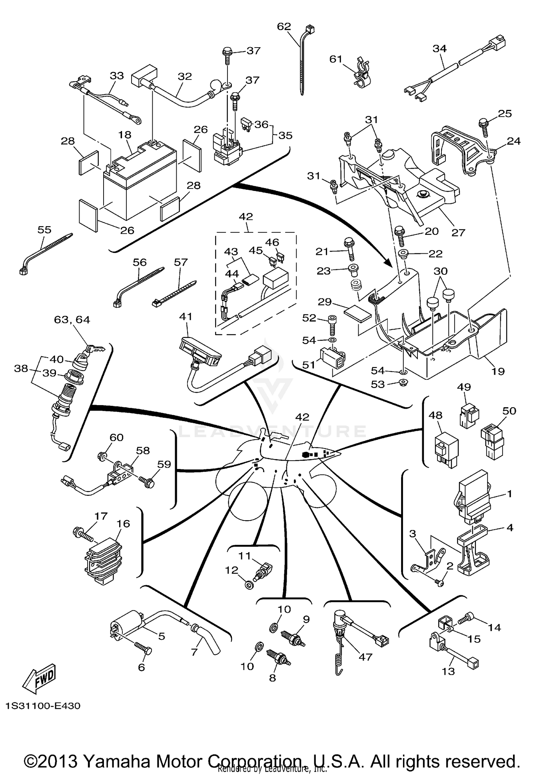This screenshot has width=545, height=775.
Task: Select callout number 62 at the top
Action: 284,26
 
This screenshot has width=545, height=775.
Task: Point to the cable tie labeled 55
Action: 45,252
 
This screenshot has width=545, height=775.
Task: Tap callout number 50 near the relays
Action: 509,411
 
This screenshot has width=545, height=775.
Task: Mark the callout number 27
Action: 458,232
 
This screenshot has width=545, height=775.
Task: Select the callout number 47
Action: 366,657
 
